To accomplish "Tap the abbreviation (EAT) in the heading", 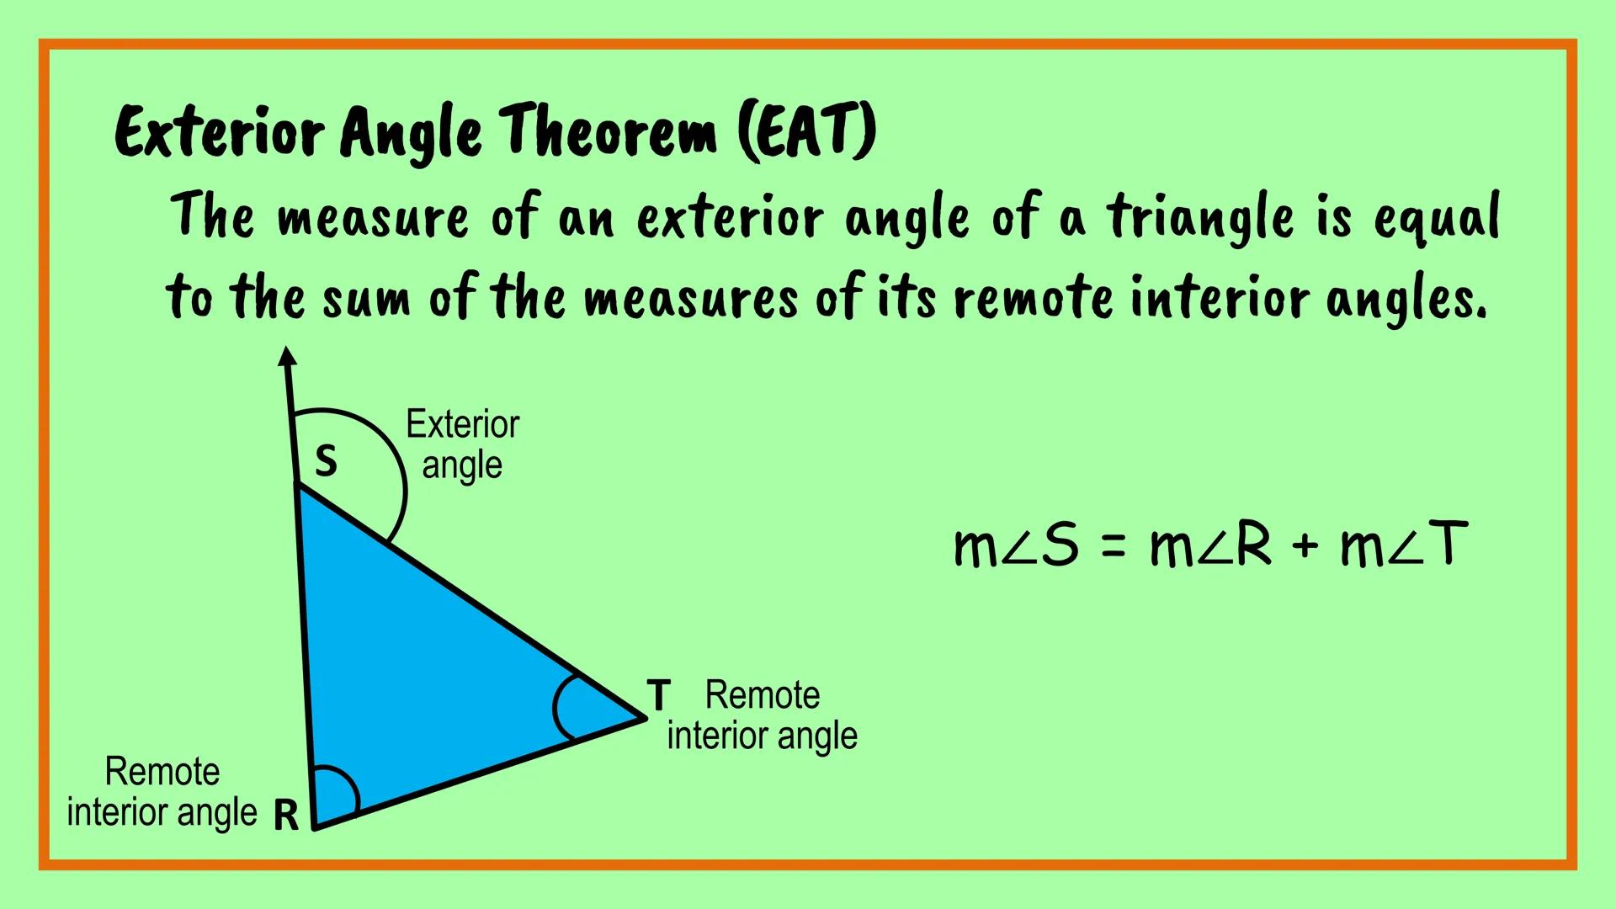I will pos(806,133).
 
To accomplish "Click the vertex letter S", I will pos(326,461).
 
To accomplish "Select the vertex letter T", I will pos(658,696).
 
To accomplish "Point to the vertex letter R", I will pos(286,815).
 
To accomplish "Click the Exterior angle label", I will pos(462,444).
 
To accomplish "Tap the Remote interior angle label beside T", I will pos(762,715).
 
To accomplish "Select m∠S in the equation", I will pos(1016,545).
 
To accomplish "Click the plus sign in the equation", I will pos(1305,546).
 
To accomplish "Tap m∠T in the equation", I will pos(1404,545).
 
